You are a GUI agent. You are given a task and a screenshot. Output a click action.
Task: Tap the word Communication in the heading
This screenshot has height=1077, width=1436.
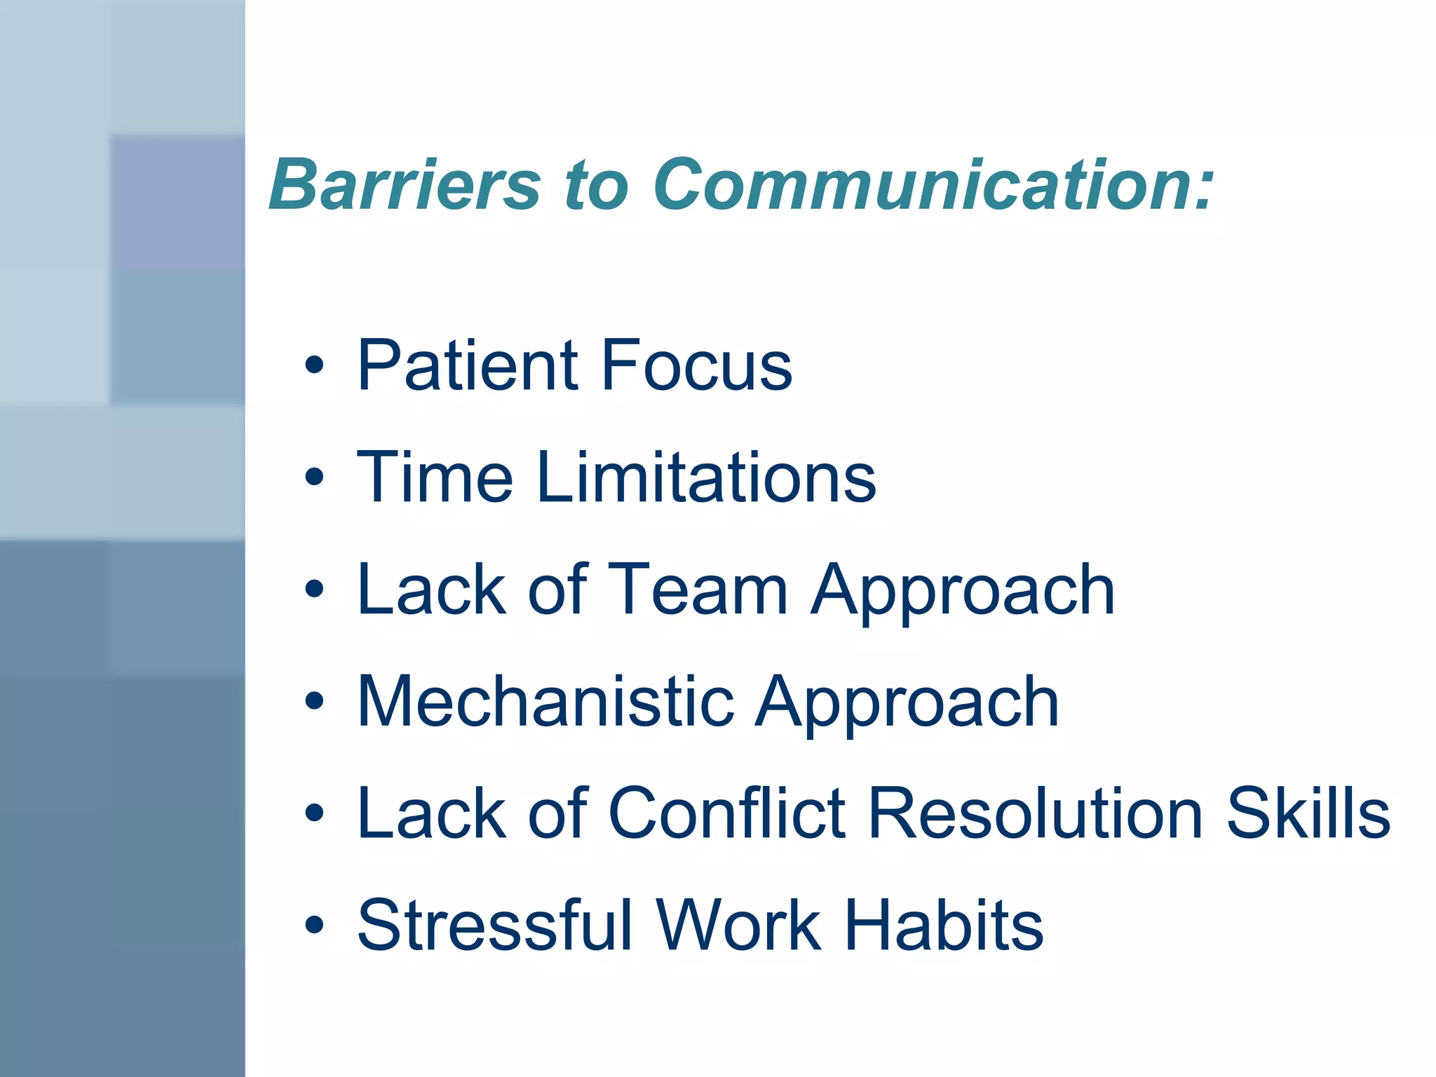coord(933,184)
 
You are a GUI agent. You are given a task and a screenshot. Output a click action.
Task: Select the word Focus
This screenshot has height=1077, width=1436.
coord(696,365)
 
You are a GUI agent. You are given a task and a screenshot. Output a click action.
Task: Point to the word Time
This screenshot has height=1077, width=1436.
coord(435,477)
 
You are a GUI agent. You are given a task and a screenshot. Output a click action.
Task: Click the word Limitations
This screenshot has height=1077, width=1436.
coord(706,477)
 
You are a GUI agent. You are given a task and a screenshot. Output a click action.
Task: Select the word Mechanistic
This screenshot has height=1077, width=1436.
coord(546,702)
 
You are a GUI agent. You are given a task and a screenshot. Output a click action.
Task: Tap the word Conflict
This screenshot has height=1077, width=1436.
coord(727,813)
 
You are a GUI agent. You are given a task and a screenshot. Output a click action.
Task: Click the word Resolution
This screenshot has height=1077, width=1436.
coord(1036,813)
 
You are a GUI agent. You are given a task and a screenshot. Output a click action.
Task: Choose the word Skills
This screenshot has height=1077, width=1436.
coord(1308,813)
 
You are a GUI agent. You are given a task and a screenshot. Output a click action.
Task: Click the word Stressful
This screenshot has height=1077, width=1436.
coord(495,926)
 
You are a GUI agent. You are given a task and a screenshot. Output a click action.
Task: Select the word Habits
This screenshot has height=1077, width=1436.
coord(944,926)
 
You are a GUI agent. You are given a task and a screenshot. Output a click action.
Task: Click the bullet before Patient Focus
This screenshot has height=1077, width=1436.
coord(315,365)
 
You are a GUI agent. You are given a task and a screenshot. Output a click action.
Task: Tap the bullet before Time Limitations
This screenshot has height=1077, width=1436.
coord(315,477)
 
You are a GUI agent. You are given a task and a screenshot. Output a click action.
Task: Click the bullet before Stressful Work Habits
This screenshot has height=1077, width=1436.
coord(315,925)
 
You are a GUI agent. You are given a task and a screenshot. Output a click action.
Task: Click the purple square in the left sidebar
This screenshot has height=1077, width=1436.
coord(177,202)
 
